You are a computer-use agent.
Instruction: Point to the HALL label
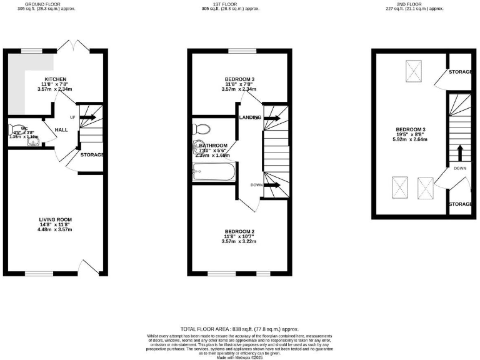tap(61, 129)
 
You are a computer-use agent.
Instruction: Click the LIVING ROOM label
tap(56, 219)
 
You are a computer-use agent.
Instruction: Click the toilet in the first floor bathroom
tap(202, 129)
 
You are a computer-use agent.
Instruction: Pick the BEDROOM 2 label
tap(239, 232)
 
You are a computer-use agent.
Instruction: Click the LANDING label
tap(249, 117)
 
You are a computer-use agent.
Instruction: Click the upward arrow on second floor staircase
tap(459, 152)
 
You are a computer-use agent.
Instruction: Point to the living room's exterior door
tap(89, 267)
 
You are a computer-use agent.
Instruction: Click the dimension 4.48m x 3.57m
tap(56, 229)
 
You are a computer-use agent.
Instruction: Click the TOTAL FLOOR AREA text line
tap(239, 329)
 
